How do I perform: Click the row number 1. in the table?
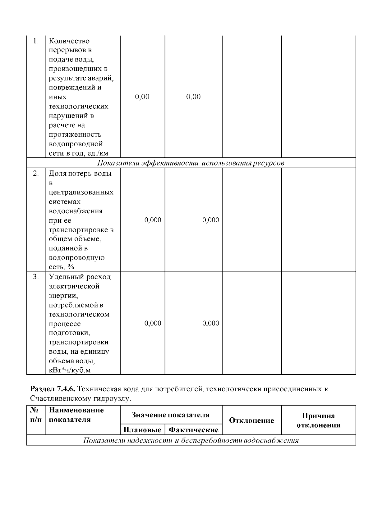[x=36, y=41]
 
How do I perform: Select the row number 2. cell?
[x=36, y=174]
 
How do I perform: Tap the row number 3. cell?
[x=36, y=277]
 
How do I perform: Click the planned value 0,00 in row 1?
[x=142, y=97]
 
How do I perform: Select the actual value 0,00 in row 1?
[x=193, y=97]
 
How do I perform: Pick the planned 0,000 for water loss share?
[x=153, y=220]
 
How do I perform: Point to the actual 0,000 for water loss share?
[x=210, y=220]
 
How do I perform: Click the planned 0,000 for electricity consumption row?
[x=153, y=324]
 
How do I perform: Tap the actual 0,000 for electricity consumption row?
[x=210, y=324]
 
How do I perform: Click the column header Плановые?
[x=142, y=430]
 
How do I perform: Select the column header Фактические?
[x=193, y=430]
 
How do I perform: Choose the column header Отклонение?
[x=251, y=420]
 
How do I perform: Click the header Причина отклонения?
[x=318, y=420]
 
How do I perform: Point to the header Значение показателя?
[x=171, y=415]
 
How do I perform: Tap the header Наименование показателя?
[x=76, y=415]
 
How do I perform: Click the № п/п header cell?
[x=36, y=415]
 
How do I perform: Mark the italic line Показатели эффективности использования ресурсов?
[x=191, y=163]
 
